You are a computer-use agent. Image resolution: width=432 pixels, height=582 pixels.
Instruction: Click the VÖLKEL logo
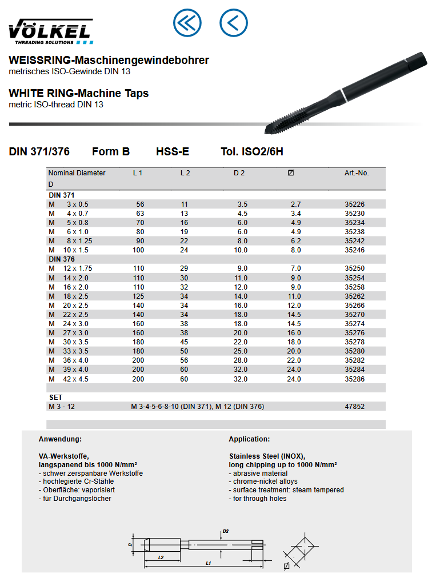(50, 31)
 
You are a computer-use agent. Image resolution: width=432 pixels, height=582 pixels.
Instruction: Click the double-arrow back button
(187, 23)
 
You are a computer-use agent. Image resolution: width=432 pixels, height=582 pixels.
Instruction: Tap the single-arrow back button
(234, 23)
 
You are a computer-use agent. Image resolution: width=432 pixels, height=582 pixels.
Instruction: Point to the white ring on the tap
(343, 94)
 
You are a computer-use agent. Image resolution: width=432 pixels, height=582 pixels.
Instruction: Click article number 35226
(354, 204)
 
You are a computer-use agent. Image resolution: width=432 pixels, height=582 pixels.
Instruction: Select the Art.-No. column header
(356, 172)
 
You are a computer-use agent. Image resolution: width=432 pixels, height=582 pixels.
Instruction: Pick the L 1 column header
(138, 172)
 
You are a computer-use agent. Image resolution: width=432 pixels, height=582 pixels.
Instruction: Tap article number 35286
(354, 379)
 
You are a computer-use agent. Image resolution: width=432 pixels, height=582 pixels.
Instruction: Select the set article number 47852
(354, 407)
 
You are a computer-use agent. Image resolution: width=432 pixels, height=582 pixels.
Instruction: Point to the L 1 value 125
(139, 296)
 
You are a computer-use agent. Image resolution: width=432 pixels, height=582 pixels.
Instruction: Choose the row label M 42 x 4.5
(69, 379)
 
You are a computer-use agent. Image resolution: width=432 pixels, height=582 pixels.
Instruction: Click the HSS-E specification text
(173, 152)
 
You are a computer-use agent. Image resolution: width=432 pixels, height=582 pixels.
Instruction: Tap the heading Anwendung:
(60, 439)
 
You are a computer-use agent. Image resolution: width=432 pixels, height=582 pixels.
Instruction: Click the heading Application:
(249, 439)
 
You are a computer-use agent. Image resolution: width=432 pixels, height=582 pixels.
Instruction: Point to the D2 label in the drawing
(226, 531)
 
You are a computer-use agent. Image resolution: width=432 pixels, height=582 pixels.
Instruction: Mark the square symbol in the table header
(291, 172)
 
